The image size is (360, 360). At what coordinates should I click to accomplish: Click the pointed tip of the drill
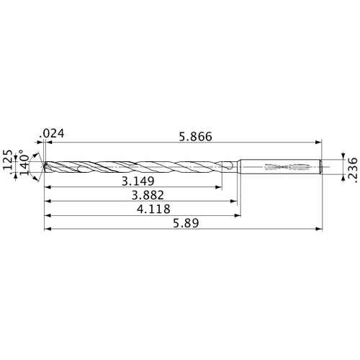44,167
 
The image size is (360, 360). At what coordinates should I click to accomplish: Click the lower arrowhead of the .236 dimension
338,176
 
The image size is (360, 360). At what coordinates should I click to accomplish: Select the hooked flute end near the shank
230,167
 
